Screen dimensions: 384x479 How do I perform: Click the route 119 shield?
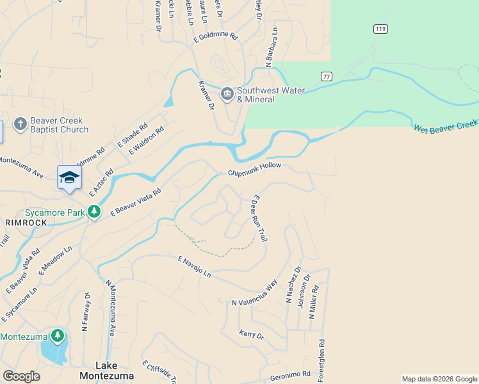380,29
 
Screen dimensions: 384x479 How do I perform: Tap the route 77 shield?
327,76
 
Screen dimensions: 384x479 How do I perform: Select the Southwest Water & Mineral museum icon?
227,94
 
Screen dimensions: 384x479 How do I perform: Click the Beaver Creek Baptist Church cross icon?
20,124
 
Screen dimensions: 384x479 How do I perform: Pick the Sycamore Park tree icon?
94,211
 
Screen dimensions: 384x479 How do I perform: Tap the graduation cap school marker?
69,177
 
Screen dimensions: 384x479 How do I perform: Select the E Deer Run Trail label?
259,218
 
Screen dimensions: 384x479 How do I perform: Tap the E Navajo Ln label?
194,266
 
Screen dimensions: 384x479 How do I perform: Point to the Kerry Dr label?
251,334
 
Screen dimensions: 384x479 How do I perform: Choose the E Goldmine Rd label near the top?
216,38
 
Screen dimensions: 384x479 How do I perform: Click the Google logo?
21,376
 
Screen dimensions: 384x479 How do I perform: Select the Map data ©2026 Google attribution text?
439,379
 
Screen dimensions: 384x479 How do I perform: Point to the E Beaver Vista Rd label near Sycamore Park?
135,203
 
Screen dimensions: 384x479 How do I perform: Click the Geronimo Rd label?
289,374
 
